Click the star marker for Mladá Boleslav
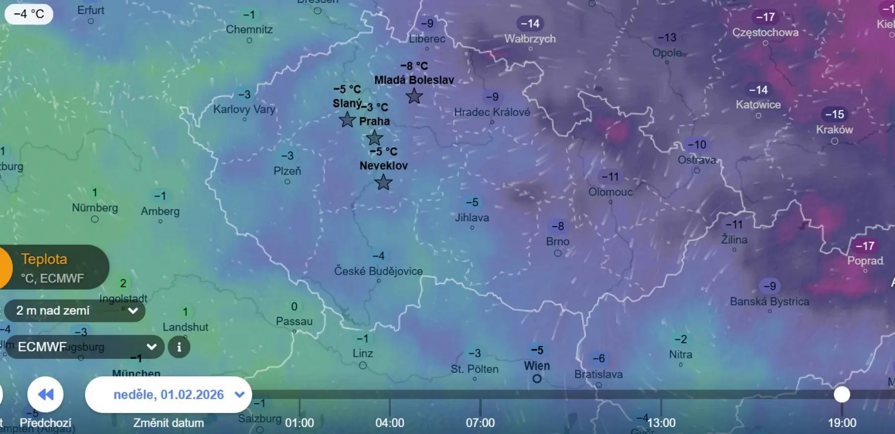[414, 96]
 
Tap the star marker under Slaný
[347, 119]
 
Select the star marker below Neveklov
[383, 182]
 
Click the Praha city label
[374, 121]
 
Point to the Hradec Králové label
[492, 112]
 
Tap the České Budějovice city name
[378, 271]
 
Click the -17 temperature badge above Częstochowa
[765, 17]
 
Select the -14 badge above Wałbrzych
[530, 23]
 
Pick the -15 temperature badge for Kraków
[834, 114]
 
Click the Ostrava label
[697, 160]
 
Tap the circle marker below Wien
[537, 379]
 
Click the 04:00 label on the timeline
[390, 423]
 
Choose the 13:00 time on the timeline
[661, 423]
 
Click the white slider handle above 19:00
[842, 394]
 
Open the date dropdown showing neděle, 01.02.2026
[169, 395]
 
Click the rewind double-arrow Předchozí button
[45, 395]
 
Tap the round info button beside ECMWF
[179, 347]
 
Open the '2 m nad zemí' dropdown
[75, 311]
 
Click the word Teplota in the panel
[44, 259]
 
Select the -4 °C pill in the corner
[29, 14]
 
